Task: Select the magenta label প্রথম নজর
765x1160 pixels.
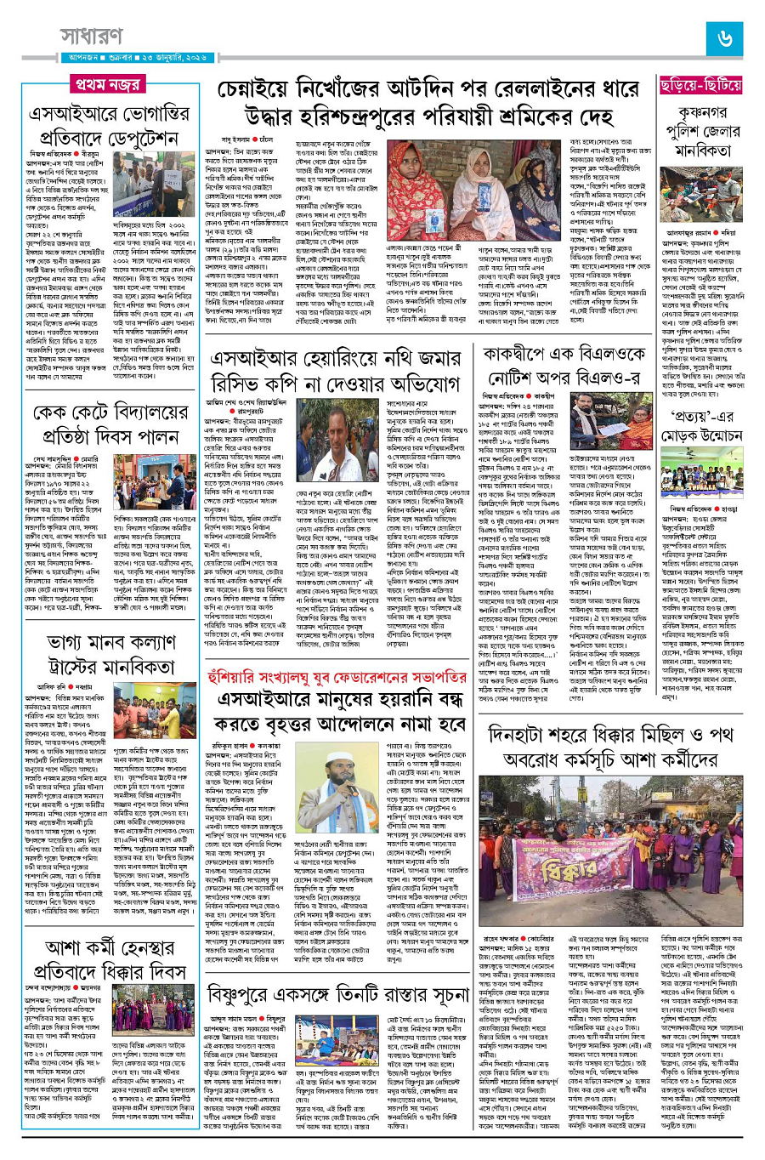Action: [107, 85]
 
